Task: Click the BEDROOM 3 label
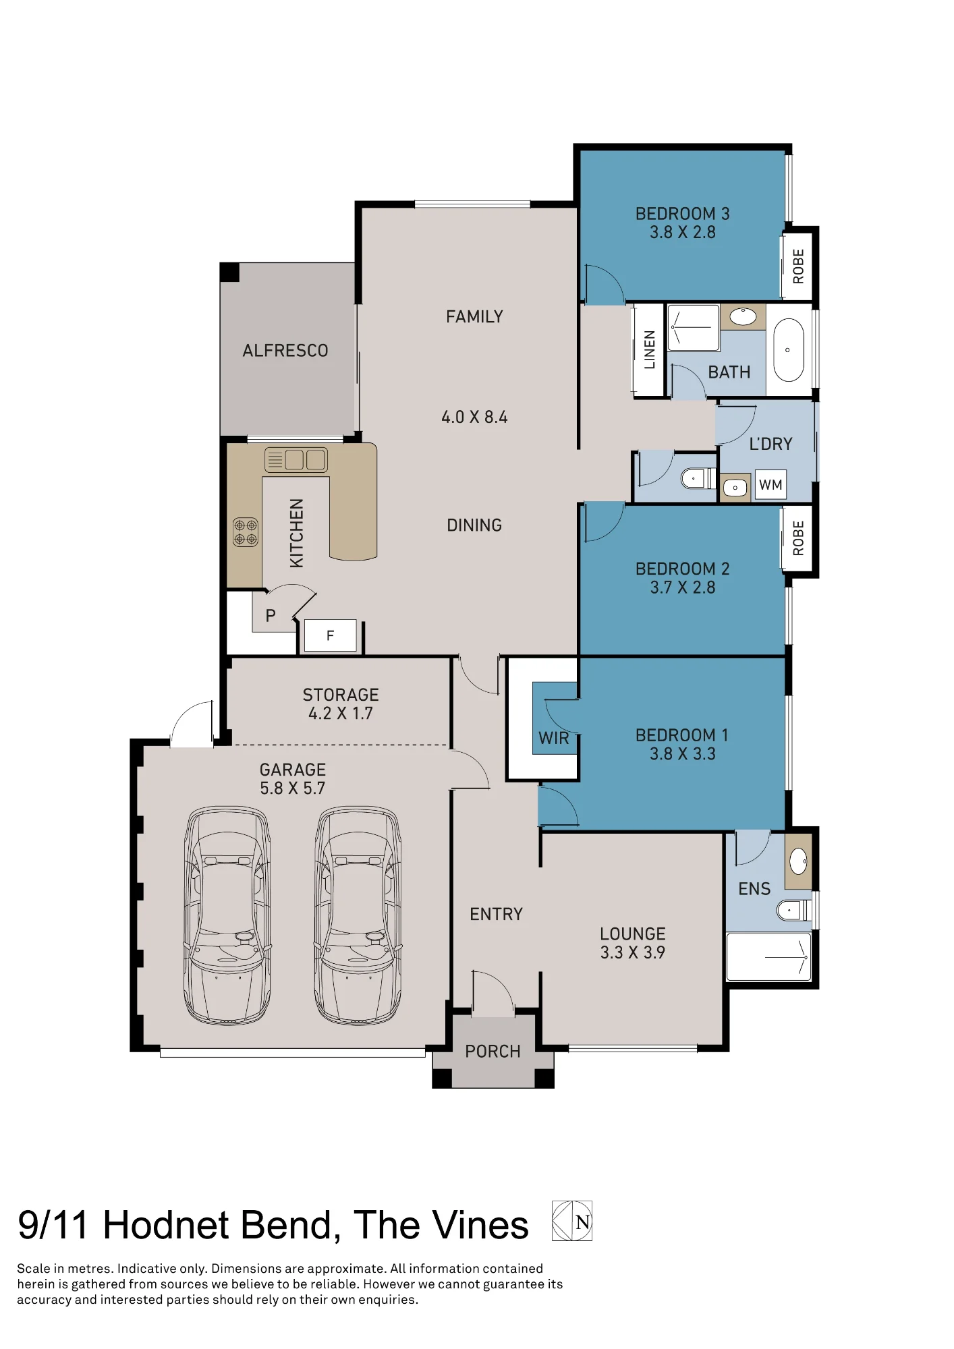pyautogui.click(x=682, y=214)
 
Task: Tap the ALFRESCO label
pyautogui.click(x=285, y=351)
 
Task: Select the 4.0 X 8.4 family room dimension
pyautogui.click(x=474, y=417)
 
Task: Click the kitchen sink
pyautogui.click(x=296, y=460)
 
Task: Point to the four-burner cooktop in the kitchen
pyautogui.click(x=246, y=532)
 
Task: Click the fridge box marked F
pyautogui.click(x=330, y=635)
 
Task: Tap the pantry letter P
pyautogui.click(x=271, y=615)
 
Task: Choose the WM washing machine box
pyautogui.click(x=770, y=484)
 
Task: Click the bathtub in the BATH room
pyautogui.click(x=788, y=350)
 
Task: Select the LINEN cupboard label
pyautogui.click(x=650, y=349)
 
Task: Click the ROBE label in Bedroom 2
pyautogui.click(x=798, y=538)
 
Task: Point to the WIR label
pyautogui.click(x=554, y=738)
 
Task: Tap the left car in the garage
pyautogui.click(x=227, y=915)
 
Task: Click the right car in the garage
pyautogui.click(x=358, y=915)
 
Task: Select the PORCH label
pyautogui.click(x=493, y=1052)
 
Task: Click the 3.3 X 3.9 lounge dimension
pyautogui.click(x=633, y=952)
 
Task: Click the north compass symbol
pyautogui.click(x=572, y=1221)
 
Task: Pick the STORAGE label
pyautogui.click(x=341, y=695)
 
